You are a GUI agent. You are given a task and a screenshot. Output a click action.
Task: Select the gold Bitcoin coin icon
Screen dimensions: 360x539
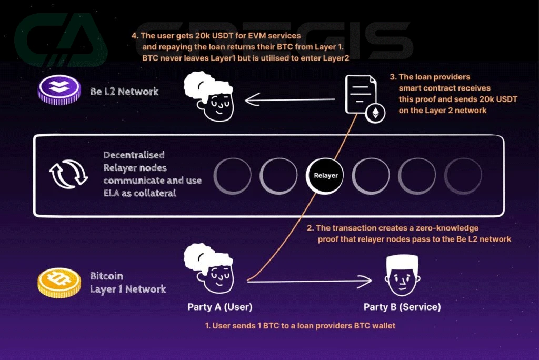click(x=58, y=283)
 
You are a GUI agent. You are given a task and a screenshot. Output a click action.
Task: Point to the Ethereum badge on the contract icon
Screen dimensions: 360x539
click(x=375, y=114)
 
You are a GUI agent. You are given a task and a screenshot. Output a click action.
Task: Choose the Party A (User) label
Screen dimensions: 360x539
click(x=220, y=307)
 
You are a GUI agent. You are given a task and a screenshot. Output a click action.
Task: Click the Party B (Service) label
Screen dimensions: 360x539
click(x=402, y=307)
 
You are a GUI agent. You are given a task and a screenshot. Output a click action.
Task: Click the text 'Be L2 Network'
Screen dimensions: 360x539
click(x=124, y=92)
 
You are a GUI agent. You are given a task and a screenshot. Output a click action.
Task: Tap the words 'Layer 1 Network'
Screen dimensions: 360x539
click(x=128, y=289)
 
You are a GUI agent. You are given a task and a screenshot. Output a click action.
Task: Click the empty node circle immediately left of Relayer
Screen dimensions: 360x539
click(x=278, y=175)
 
